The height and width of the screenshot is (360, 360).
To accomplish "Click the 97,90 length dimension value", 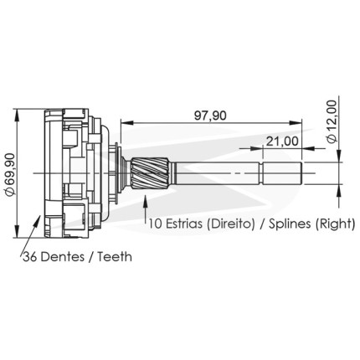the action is (x=210, y=116).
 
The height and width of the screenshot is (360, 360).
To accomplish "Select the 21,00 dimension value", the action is (x=281, y=141).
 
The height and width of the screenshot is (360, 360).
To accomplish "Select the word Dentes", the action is (x=63, y=257).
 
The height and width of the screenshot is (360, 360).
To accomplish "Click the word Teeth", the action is (x=115, y=257).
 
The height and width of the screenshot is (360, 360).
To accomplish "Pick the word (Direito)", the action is (x=231, y=224).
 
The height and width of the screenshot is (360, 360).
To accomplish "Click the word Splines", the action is (x=290, y=224).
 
